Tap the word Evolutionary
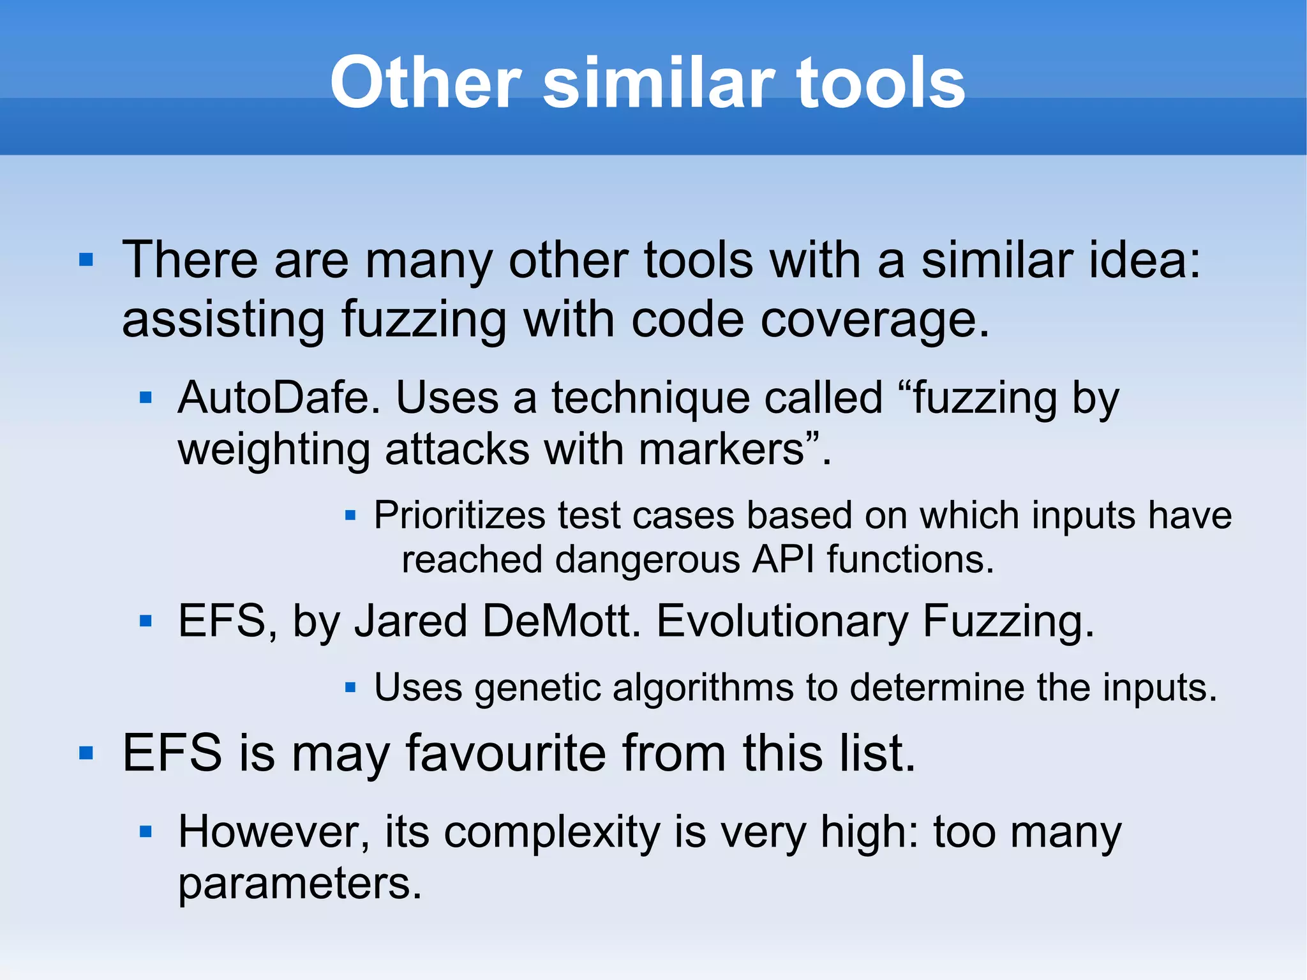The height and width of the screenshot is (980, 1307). click(x=782, y=622)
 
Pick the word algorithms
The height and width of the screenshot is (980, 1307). click(x=703, y=688)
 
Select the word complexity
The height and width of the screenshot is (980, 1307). click(x=552, y=833)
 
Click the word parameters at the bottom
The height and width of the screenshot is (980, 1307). click(x=299, y=884)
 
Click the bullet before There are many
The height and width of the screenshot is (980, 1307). click(x=86, y=260)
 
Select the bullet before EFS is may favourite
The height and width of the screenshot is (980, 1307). click(x=86, y=753)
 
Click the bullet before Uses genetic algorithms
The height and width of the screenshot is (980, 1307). click(x=350, y=688)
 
